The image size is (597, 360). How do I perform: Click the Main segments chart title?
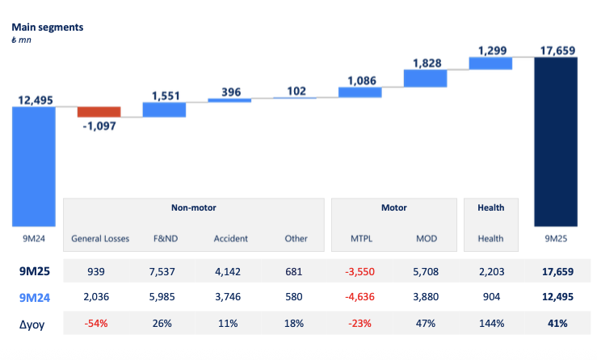47,27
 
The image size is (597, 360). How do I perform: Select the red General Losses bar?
99,111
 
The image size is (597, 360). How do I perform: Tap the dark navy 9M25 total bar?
556,141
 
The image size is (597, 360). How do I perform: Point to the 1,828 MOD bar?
426,77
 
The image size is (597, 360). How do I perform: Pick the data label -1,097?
99,127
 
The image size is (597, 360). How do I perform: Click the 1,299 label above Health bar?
491,50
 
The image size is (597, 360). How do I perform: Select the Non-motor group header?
194,207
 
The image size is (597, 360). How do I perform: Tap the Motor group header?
393,207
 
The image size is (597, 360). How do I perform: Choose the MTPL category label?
360,238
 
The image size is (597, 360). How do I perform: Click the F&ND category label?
165,238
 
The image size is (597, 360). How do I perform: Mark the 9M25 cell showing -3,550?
360,271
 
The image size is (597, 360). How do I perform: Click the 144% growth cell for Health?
491,324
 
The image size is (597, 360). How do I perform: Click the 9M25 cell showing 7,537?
165,271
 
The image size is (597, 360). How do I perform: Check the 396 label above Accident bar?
230,90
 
